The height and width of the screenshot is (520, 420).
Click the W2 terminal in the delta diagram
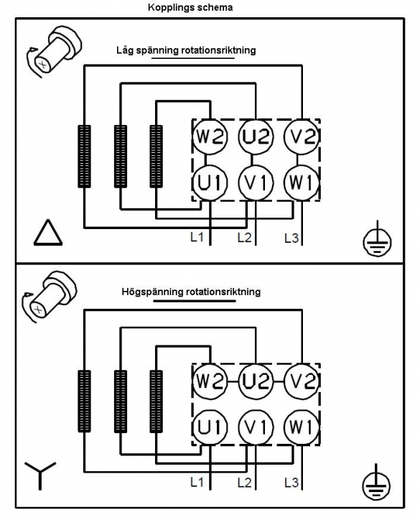210,136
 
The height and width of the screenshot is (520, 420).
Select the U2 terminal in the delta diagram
256,136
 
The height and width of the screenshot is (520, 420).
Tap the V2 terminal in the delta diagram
302,136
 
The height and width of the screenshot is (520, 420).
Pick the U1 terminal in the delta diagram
210,182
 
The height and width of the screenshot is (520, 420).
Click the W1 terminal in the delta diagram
302,182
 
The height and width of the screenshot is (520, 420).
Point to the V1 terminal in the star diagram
256,427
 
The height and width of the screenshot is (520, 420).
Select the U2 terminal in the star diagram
256,381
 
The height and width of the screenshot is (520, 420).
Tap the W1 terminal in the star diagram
302,427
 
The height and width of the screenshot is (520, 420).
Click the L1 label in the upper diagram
197,237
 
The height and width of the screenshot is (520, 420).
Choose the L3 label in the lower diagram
291,483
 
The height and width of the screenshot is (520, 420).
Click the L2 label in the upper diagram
245,238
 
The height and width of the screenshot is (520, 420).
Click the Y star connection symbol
40,475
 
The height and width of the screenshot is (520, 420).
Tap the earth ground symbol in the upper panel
377,241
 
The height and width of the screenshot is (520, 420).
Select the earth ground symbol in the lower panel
376,485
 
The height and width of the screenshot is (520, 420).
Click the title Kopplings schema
190,7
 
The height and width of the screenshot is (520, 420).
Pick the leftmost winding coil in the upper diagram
84,157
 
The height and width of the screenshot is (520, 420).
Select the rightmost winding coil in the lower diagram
156,401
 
